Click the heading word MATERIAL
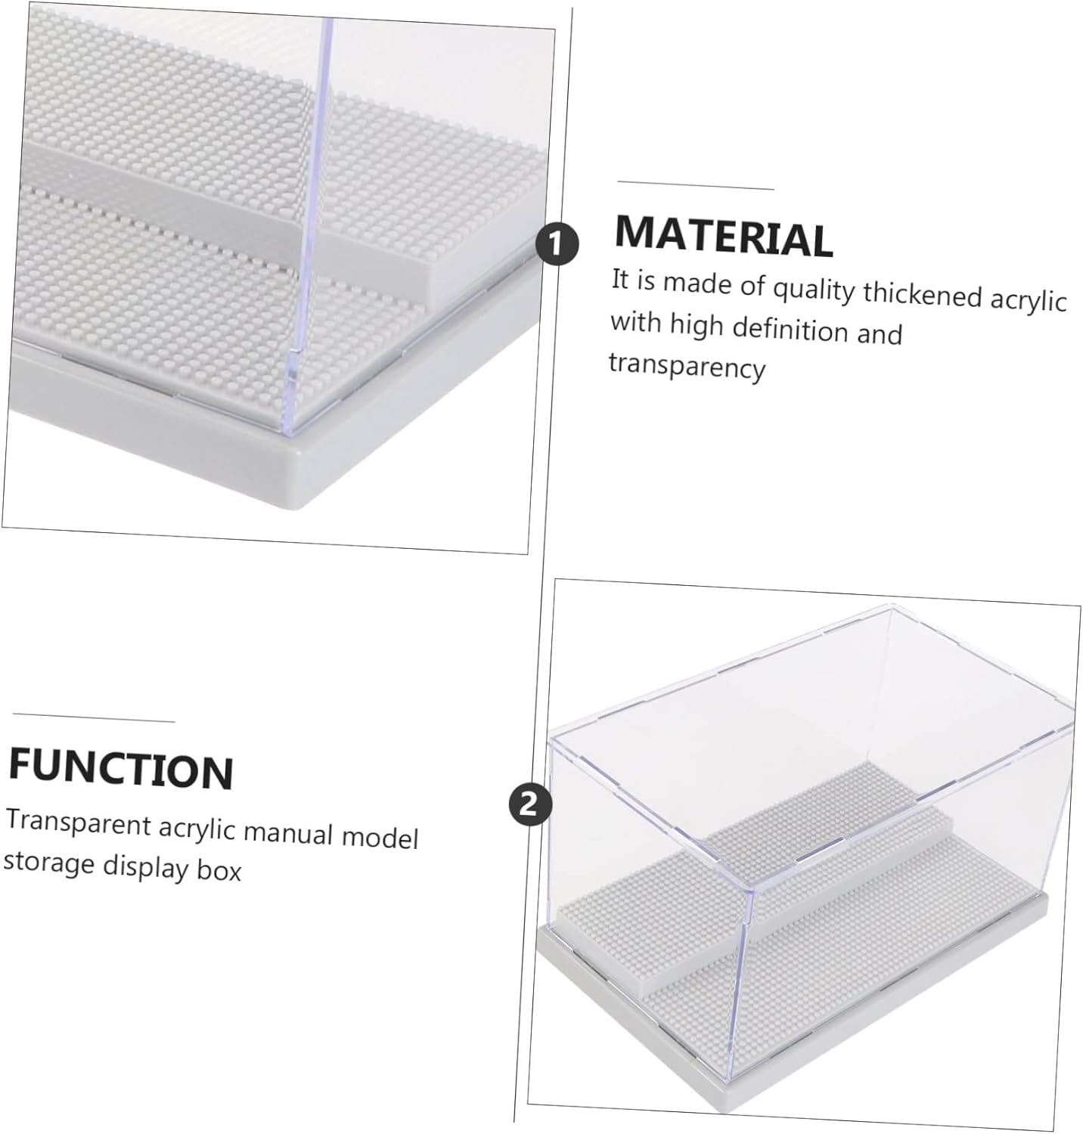[724, 235]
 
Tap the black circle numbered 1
[557, 244]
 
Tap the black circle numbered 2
[530, 802]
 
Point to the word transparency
[687, 367]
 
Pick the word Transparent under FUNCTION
[79, 821]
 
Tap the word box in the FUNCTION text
[219, 871]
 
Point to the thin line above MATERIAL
[696, 185]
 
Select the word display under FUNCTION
[146, 867]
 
